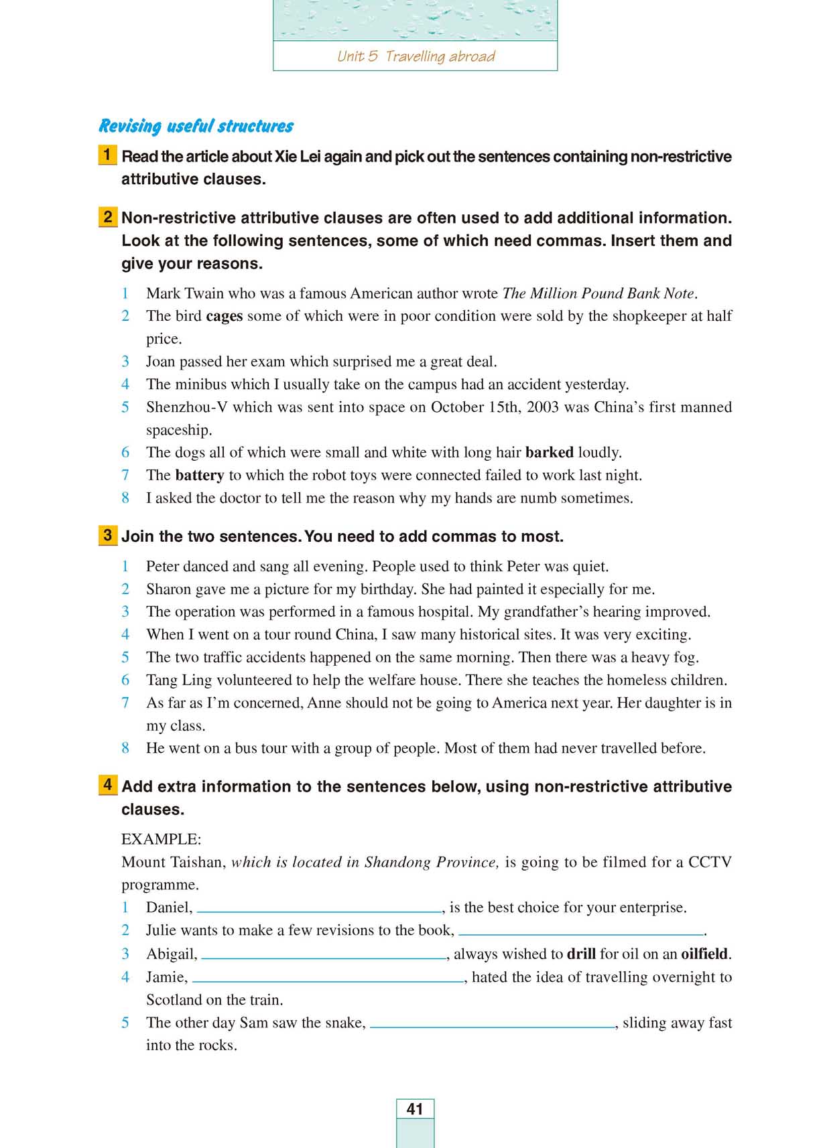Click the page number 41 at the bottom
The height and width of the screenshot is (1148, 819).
click(x=415, y=1108)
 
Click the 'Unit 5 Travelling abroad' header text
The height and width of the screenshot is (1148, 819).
click(x=416, y=56)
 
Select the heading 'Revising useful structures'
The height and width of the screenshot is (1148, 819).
click(x=196, y=126)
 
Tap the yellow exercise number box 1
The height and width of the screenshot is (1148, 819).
click(x=107, y=155)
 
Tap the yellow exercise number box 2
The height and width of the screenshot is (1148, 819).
click(x=107, y=217)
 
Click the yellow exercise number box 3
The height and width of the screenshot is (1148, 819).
click(x=107, y=535)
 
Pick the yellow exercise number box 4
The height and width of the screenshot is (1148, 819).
click(x=107, y=785)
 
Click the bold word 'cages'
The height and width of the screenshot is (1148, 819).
click(x=224, y=316)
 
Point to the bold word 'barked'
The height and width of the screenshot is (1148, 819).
click(x=549, y=453)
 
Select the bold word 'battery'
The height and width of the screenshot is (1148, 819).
click(x=199, y=476)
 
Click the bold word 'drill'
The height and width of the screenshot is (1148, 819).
click(x=581, y=954)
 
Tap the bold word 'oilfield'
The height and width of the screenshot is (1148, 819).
click(x=704, y=954)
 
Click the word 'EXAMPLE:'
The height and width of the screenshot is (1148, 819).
click(x=161, y=839)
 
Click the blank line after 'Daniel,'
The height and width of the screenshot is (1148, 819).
click(x=320, y=911)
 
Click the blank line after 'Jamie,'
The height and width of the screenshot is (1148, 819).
click(x=328, y=981)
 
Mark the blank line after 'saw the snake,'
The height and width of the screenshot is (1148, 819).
click(x=493, y=1026)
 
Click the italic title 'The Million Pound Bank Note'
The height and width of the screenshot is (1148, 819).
click(x=598, y=293)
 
